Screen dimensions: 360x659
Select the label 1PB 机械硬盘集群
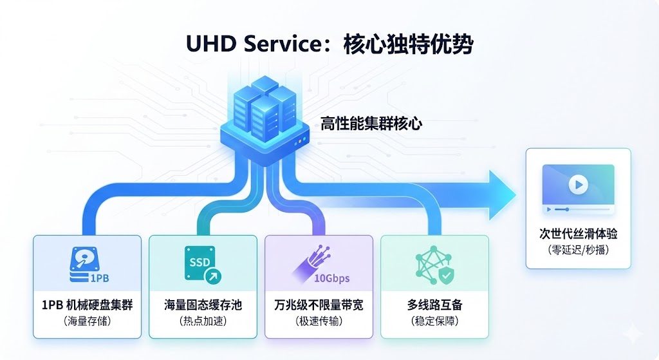click(x=87, y=305)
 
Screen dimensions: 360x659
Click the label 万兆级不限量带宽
click(x=319, y=305)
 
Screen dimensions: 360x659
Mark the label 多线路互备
click(x=434, y=305)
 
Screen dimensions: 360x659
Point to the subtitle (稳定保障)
click(x=434, y=321)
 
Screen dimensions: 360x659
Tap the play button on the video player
click(x=578, y=185)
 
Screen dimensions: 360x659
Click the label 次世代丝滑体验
click(x=578, y=233)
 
